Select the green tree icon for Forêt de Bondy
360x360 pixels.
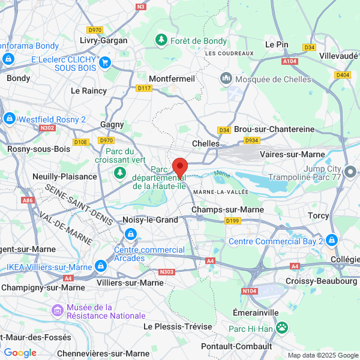(161, 41)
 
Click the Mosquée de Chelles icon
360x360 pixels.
(226, 79)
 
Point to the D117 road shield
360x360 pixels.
(144, 88)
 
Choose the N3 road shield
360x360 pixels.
(141, 7)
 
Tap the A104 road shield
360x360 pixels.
(289, 61)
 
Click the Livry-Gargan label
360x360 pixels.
(103, 41)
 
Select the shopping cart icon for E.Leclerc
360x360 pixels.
(105, 62)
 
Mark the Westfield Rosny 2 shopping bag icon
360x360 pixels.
(10, 119)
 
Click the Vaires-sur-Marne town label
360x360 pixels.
(292, 154)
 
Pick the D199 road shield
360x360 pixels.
(233, 221)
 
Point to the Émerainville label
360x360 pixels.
(256, 313)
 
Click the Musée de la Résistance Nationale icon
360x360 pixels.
(58, 311)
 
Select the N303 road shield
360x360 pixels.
(168, 272)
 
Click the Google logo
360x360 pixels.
(20, 352)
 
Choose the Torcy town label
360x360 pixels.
(319, 215)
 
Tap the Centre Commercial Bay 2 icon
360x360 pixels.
(332, 241)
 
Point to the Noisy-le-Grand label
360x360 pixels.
(150, 220)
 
